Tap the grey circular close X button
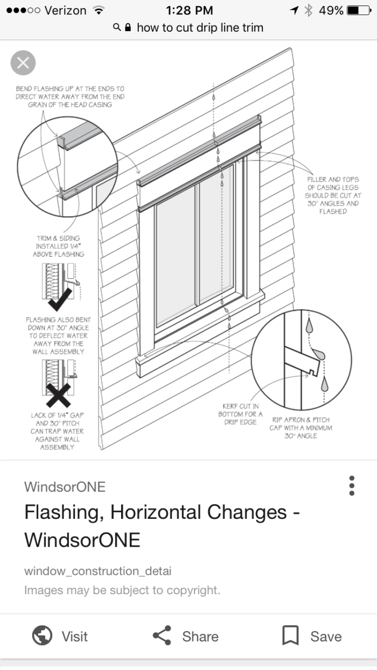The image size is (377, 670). (x=23, y=63)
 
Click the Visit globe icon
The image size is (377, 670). (x=42, y=636)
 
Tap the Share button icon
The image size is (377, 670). (x=162, y=636)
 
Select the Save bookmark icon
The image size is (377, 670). (x=290, y=636)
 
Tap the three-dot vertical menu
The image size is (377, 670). (x=352, y=485)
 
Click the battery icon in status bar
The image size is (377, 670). (x=359, y=10)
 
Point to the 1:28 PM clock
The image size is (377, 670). (x=189, y=10)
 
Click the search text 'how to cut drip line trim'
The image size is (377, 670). (x=200, y=27)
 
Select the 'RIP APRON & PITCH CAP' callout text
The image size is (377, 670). (x=301, y=427)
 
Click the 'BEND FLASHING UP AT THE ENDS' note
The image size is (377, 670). (x=70, y=96)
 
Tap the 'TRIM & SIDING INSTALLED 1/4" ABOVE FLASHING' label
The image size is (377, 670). (x=60, y=246)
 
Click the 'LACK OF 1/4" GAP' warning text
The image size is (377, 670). (x=57, y=431)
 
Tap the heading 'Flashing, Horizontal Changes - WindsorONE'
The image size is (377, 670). (x=162, y=525)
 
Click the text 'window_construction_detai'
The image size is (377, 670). (x=97, y=570)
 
